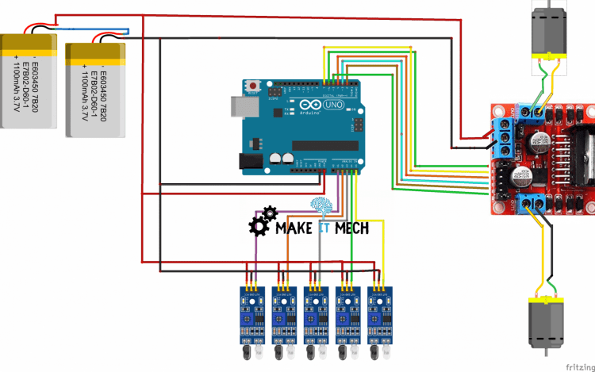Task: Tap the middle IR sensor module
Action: (x=315, y=313)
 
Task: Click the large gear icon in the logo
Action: (x=259, y=227)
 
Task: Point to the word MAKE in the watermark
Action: (x=293, y=228)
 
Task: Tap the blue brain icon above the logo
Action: (x=321, y=207)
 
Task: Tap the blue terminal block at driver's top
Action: (x=530, y=112)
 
